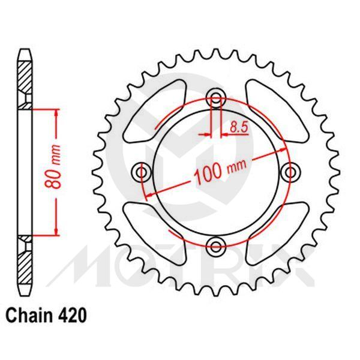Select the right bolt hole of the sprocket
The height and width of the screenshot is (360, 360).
292,172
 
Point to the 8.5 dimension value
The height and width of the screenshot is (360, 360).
237,127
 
